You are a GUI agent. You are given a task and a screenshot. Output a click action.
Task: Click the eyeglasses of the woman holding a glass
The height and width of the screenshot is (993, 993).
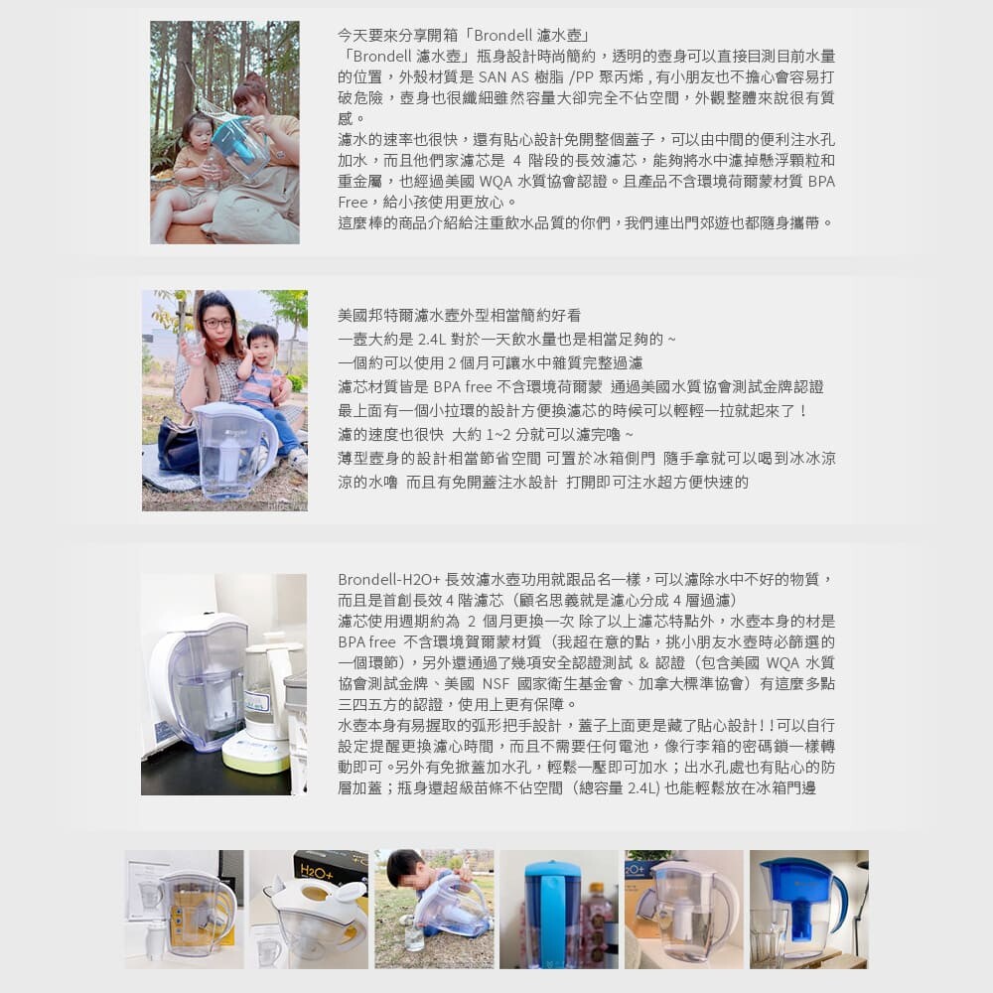217,323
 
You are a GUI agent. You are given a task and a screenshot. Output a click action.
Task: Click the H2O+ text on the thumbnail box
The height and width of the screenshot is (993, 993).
317,872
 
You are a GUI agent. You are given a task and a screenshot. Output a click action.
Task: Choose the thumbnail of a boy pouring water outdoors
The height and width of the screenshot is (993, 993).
434,909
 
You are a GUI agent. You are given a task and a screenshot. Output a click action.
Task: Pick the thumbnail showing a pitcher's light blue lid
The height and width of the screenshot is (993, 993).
558,909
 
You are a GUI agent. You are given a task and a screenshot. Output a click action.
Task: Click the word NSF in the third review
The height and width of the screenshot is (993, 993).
496,684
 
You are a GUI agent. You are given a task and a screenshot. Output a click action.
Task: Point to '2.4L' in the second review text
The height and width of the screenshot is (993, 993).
431,340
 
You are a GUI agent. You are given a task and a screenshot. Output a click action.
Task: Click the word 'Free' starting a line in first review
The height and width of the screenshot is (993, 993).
353,203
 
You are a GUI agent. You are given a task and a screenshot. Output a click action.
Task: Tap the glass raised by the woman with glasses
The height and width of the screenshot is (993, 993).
193,345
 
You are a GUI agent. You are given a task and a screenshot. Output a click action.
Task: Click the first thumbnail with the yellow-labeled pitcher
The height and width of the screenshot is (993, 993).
185,909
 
